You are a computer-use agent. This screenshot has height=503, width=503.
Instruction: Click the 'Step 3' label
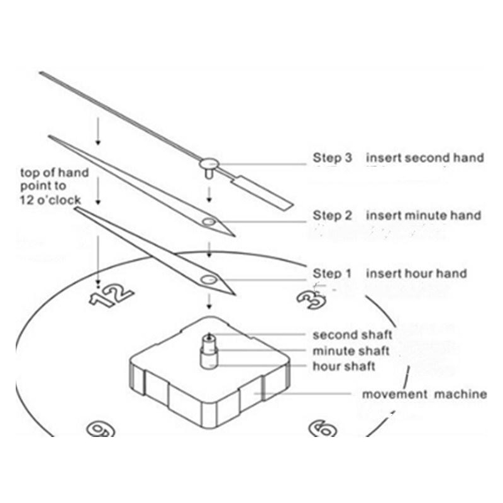333,158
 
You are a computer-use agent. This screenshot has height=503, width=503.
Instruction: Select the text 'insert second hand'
425,158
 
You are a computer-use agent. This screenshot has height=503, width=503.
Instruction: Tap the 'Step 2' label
333,216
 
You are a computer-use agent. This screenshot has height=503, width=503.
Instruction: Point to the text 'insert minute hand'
424,216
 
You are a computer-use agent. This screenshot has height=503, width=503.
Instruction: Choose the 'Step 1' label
332,274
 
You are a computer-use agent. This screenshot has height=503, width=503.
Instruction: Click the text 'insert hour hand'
416,274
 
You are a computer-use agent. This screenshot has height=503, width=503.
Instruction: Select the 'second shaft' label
353,335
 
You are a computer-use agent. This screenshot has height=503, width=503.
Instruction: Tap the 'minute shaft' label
351,351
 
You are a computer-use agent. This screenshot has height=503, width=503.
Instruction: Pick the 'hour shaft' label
344,366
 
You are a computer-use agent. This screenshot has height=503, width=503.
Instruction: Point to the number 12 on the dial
111,295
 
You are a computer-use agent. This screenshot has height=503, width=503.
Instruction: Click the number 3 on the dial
311,300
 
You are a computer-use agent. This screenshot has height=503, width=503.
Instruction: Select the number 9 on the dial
101,429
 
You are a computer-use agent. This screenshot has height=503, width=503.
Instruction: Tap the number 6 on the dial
323,429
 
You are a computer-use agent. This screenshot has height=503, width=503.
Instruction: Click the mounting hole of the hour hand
209,280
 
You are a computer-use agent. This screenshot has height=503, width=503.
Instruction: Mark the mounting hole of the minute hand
209,222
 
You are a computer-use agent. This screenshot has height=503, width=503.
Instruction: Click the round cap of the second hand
209,164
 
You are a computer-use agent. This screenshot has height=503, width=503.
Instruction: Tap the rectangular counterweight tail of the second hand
263,194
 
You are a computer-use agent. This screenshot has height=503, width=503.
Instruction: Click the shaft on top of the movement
209,351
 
